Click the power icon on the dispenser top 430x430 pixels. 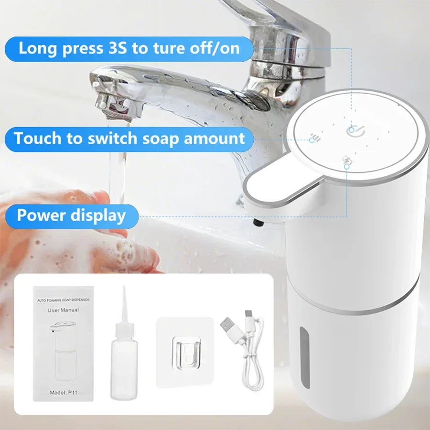click(x=352, y=129)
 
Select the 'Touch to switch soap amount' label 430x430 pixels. click(x=129, y=139)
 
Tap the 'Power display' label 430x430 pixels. click(x=71, y=215)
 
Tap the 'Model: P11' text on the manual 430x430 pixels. click(x=63, y=393)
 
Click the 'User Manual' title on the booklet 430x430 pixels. click(x=64, y=310)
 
